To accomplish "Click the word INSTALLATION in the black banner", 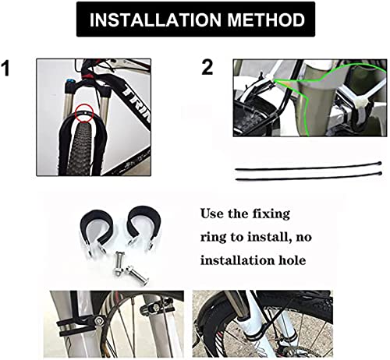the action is click(154, 19).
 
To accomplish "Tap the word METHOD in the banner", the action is click(266, 19).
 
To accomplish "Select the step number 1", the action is click(5, 69).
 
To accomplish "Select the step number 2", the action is click(207, 68).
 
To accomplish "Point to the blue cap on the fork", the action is click(69, 81).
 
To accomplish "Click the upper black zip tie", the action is click(308, 167).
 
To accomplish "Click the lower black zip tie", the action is click(308, 177).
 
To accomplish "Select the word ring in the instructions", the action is click(213, 238).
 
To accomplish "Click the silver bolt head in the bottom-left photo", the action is click(99, 319).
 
